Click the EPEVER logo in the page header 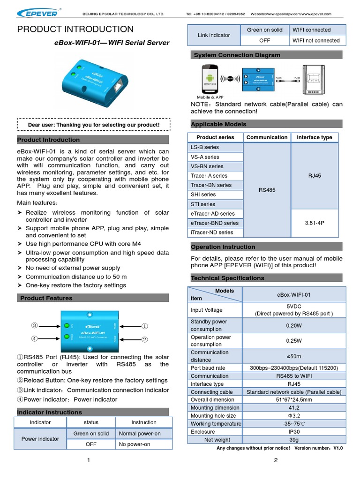pos(41,13)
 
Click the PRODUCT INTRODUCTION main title pos(75,29)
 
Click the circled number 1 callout pos(145,326)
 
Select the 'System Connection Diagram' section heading pos(237,55)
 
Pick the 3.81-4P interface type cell pos(315,223)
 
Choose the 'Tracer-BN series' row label pos(211,185)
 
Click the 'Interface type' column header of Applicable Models pos(315,137)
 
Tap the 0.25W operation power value pos(294,341)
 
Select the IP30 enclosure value pos(294,432)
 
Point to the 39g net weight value pos(294,440)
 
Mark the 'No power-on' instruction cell pos(135,444)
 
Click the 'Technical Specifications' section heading pos(227,278)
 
